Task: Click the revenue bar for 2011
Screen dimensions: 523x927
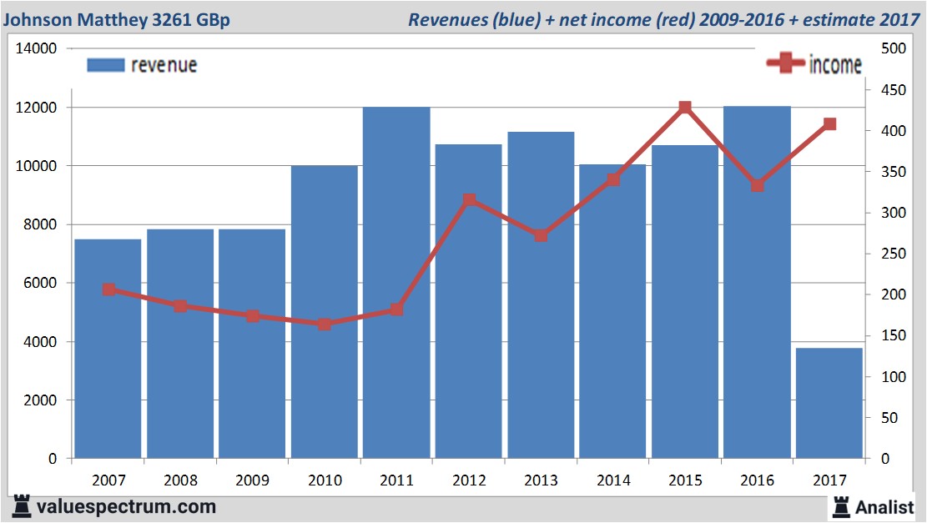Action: click(396, 284)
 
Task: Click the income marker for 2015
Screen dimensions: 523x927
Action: click(685, 108)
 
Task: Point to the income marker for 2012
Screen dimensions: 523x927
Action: click(469, 200)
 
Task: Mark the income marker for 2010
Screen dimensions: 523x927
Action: click(325, 324)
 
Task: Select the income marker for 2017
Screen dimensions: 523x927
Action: click(829, 124)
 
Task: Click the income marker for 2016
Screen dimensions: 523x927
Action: click(757, 186)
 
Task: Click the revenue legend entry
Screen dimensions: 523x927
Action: click(143, 65)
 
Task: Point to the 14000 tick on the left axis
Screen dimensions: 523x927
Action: click(36, 49)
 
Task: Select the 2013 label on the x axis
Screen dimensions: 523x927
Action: click(541, 480)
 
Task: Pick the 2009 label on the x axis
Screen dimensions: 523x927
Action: click(252, 480)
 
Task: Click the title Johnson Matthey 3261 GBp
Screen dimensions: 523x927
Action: click(118, 18)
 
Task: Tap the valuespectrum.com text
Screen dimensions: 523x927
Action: click(125, 506)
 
